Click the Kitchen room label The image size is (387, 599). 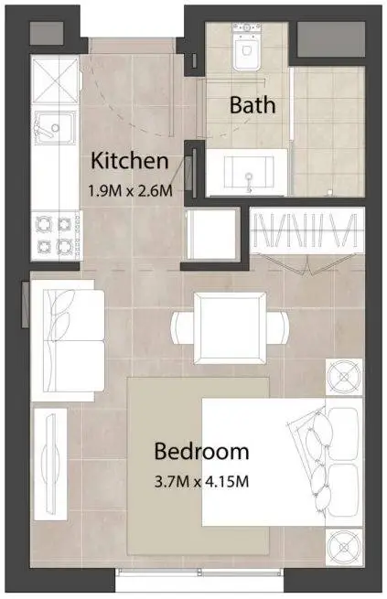[x=130, y=161]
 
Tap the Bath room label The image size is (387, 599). [x=253, y=104]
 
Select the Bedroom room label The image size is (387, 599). [x=201, y=451]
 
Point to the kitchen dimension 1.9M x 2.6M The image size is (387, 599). [x=130, y=190]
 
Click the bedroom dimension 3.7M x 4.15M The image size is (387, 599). [x=201, y=481]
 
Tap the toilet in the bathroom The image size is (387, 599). [x=247, y=46]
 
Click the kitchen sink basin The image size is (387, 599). [x=55, y=128]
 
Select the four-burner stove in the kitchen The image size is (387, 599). [x=56, y=235]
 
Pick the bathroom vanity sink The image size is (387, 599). [x=248, y=172]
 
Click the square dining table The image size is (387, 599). [x=230, y=328]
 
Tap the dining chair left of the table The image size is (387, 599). [x=183, y=327]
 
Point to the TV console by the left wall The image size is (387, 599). [x=50, y=465]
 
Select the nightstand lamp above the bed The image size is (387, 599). [x=344, y=377]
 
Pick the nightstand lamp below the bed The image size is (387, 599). [x=344, y=548]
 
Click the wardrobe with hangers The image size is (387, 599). [x=307, y=230]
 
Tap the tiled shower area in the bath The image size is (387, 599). [x=328, y=132]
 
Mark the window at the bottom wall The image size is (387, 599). [x=199, y=572]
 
